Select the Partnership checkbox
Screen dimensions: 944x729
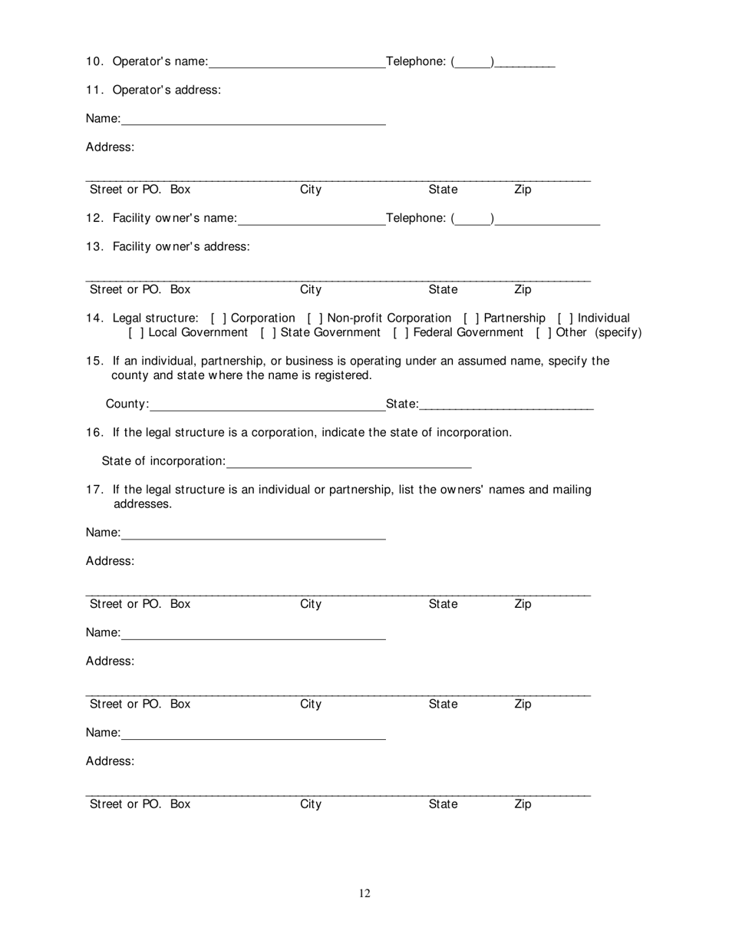coord(471,319)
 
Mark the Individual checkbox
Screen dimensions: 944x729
coord(565,319)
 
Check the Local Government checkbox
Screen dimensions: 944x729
coord(137,333)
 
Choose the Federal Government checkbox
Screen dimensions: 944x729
coord(401,333)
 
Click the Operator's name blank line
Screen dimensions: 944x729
coord(297,63)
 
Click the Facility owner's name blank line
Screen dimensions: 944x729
coord(312,219)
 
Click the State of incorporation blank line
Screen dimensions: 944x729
coord(349,462)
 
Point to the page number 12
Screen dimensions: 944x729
coord(364,893)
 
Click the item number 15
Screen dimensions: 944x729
coord(94,361)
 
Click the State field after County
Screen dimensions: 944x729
coord(506,405)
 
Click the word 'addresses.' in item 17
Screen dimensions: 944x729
coord(143,505)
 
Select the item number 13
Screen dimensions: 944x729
coord(94,247)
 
